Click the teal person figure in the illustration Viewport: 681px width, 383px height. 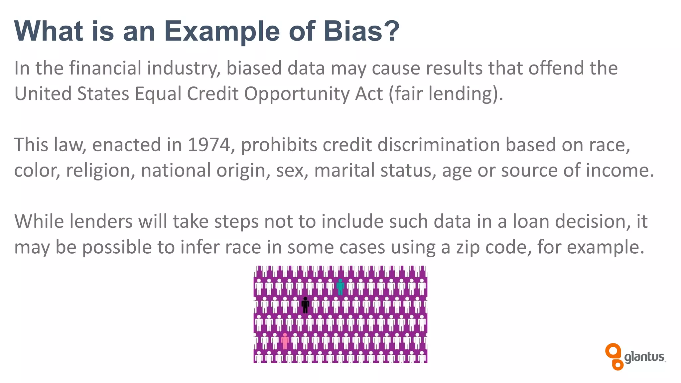[x=340, y=287]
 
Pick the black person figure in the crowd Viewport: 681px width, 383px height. [x=305, y=305]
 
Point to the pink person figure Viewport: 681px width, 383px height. [x=285, y=341]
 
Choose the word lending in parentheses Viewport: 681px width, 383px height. [x=461, y=94]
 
